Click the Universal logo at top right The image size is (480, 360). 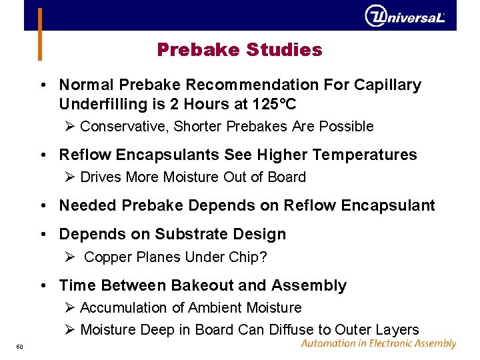(x=405, y=16)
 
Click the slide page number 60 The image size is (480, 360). (x=19, y=346)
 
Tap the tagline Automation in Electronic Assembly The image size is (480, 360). (x=378, y=344)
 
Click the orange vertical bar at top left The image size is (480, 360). (x=40, y=33)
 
